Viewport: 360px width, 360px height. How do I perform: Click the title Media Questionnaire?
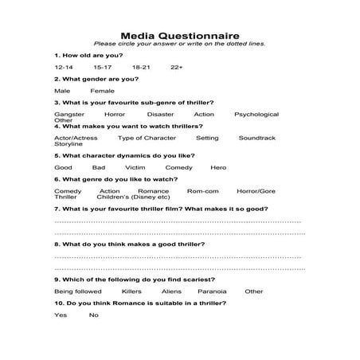coord(179,35)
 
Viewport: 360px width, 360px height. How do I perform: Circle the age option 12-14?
coord(64,67)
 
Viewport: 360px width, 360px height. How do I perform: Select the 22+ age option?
coord(176,67)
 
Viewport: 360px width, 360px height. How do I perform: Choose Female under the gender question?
coord(102,91)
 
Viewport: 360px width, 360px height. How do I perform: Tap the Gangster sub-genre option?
coord(68,115)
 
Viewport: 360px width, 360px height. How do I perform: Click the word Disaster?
coord(162,115)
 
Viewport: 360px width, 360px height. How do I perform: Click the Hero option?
coord(218,168)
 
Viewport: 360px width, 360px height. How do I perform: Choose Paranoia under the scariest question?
coord(213,292)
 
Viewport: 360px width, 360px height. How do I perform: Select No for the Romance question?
coord(93,315)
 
